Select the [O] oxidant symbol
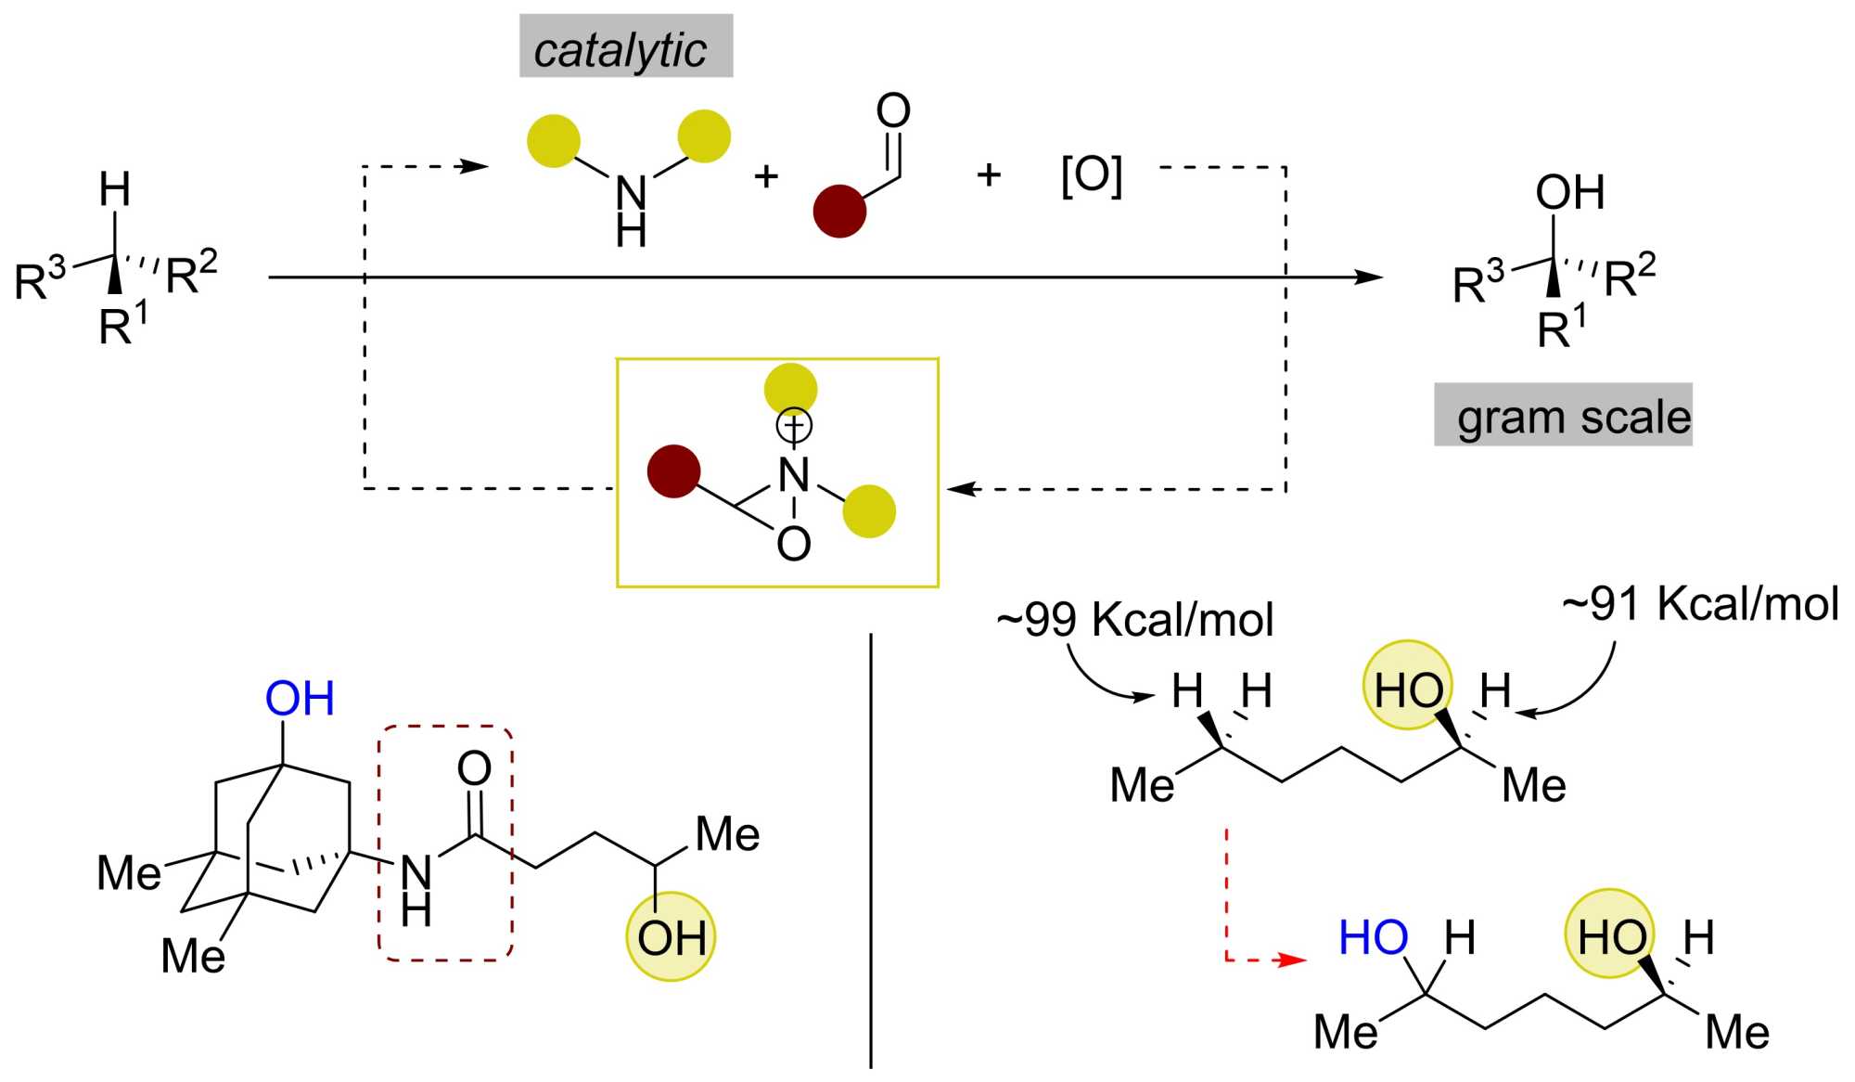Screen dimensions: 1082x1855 click(1092, 174)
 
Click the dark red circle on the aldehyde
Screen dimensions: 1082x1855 click(839, 212)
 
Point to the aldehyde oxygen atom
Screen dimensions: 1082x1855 click(893, 110)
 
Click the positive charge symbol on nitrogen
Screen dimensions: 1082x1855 click(794, 426)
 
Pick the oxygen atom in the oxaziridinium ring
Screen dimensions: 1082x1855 click(794, 544)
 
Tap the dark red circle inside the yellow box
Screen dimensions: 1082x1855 click(673, 471)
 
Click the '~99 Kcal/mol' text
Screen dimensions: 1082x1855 click(1135, 620)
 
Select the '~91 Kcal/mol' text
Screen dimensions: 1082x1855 click(1700, 604)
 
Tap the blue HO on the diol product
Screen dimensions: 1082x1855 click(1373, 938)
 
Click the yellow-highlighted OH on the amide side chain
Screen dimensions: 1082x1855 click(671, 938)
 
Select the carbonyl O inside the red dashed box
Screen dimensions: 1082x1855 click(474, 768)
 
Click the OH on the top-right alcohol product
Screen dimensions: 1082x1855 click(1569, 193)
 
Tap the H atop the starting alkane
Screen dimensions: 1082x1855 click(115, 190)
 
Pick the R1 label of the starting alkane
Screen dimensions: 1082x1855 click(122, 326)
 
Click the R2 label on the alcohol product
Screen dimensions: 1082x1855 click(1630, 276)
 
